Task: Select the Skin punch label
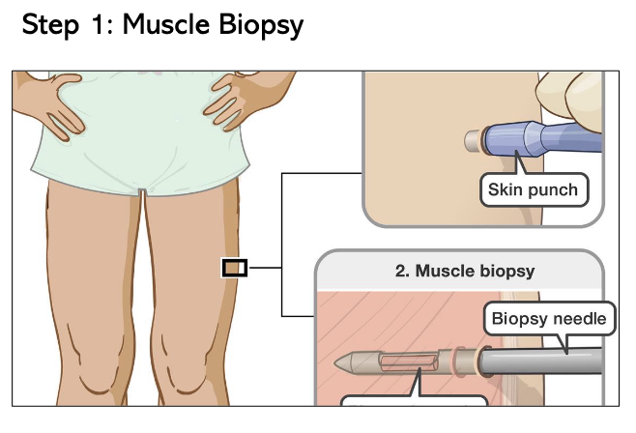533,188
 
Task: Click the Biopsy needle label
549,317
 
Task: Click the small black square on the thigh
235,267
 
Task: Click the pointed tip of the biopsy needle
340,363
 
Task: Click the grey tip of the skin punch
473,141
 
